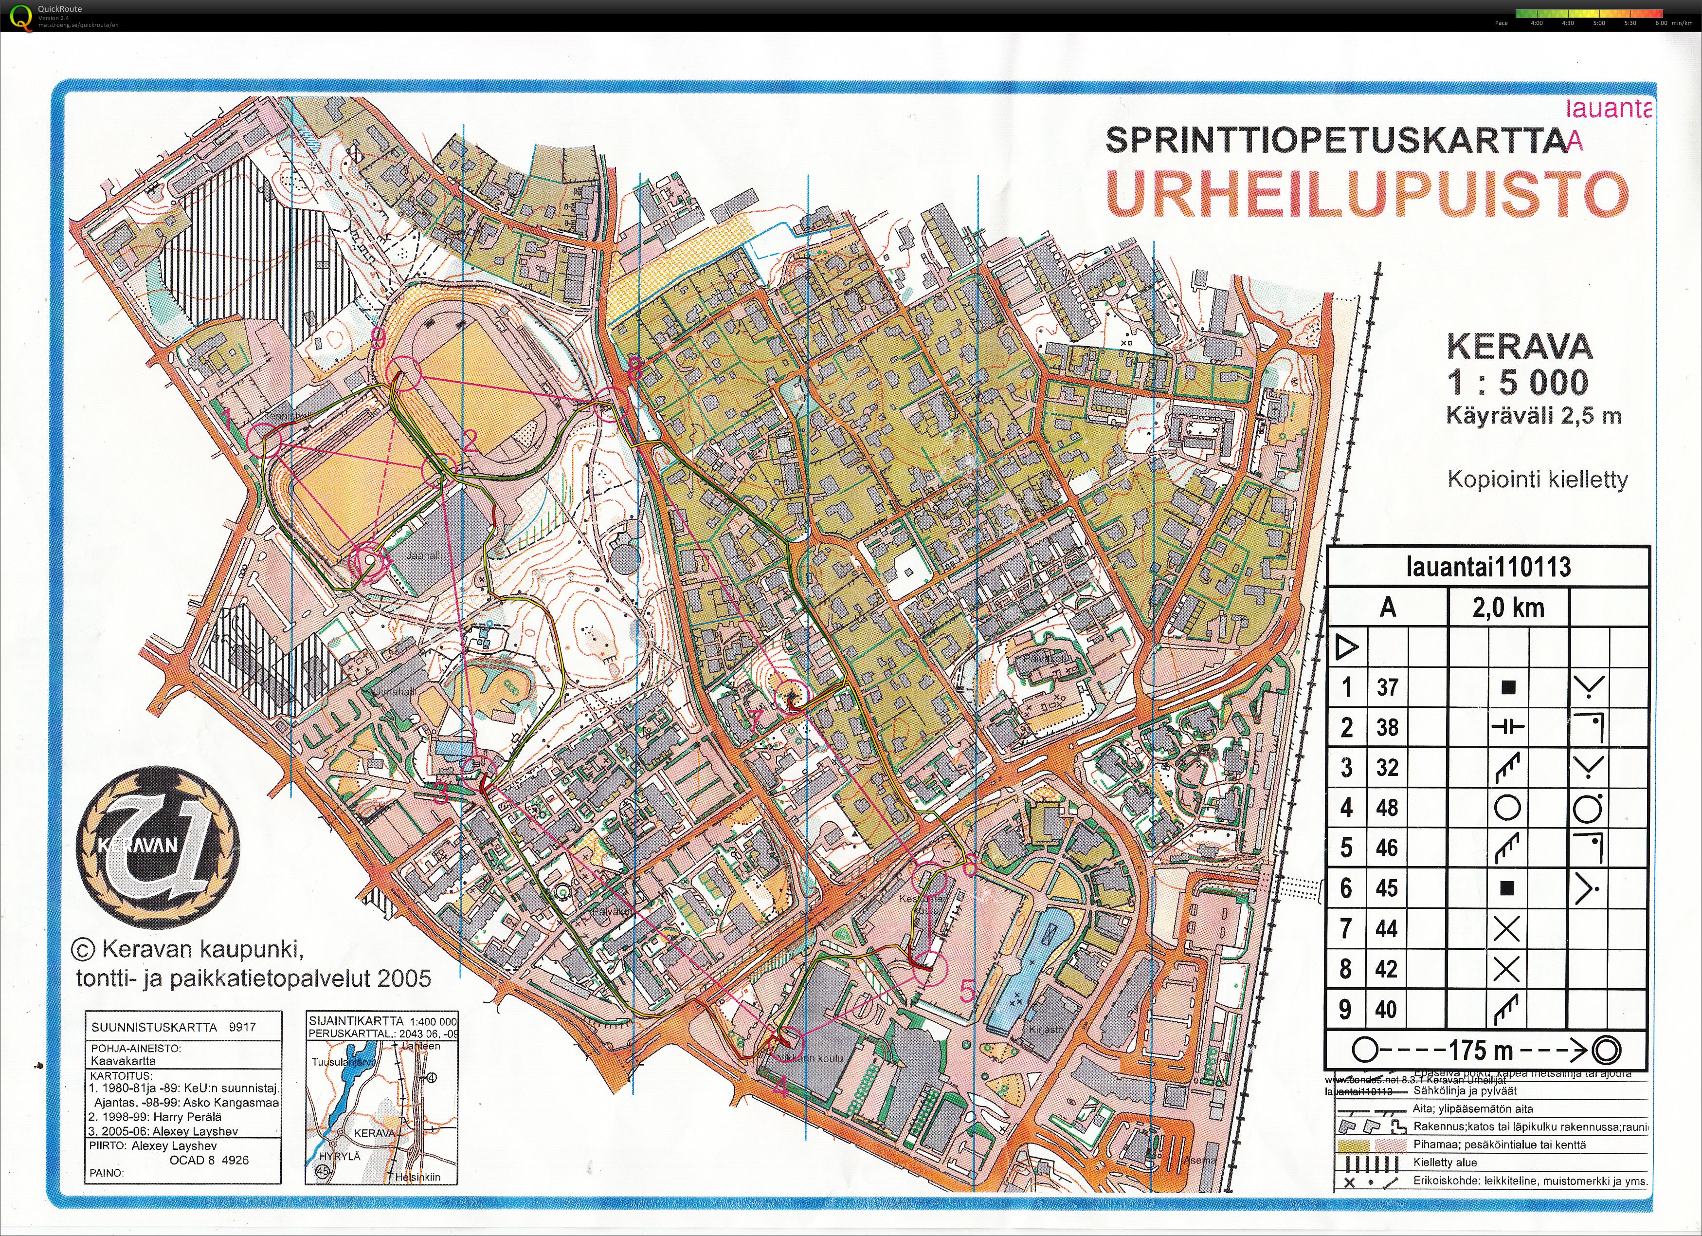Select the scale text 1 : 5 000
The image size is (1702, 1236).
coord(1518,383)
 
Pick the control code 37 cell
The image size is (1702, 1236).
coord(1387,687)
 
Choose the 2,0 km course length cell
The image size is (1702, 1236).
coord(1508,608)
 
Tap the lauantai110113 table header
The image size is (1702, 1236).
coord(1488,567)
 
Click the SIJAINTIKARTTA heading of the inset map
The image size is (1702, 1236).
coord(348,1021)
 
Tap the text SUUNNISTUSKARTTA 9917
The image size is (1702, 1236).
coord(173,1027)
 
